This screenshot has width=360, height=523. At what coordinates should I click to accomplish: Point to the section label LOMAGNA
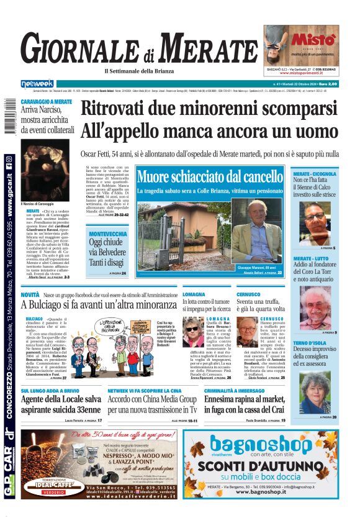click(x=194, y=294)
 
